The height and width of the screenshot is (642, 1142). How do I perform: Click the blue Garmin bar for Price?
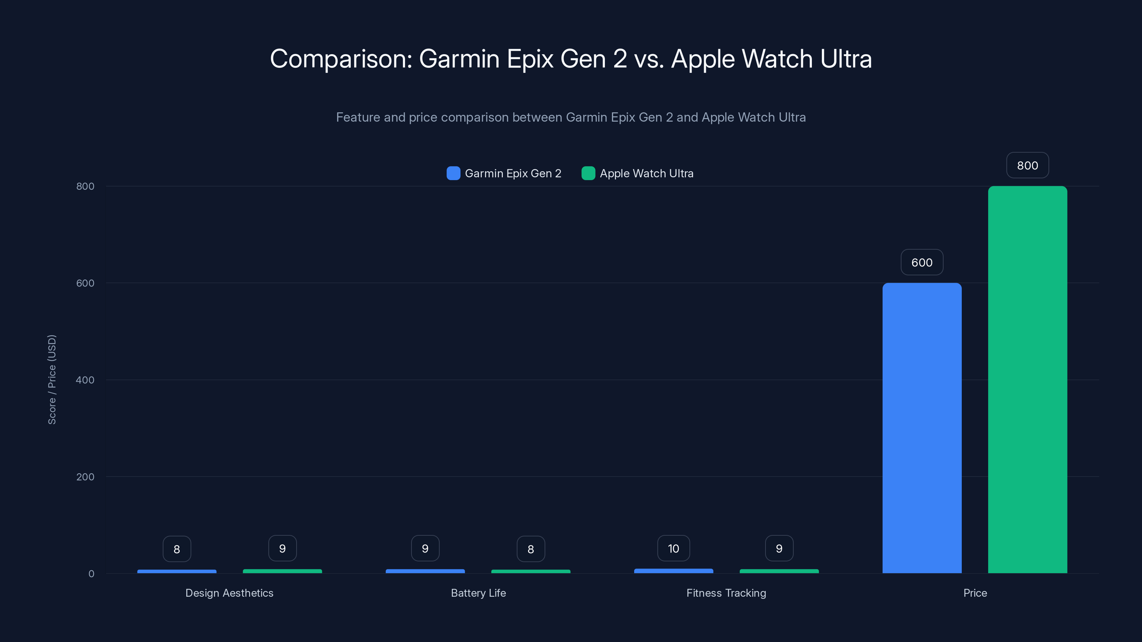point(922,428)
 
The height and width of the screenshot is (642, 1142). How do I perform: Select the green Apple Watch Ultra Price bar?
point(1027,379)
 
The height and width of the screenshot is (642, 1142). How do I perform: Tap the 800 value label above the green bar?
point(1027,165)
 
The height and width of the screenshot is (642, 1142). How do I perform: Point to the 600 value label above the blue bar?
point(922,262)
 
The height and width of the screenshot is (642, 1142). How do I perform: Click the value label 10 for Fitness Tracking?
point(673,549)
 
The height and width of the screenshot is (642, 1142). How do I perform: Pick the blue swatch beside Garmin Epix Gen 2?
point(453,173)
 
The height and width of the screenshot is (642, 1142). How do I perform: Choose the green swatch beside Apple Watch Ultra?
point(588,173)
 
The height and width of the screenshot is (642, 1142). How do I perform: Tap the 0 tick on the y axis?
point(91,574)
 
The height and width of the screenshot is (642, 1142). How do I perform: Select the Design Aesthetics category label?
point(229,593)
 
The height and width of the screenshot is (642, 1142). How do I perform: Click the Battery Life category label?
point(478,593)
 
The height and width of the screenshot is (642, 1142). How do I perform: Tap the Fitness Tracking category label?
point(726,593)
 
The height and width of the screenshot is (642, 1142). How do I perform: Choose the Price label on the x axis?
point(975,593)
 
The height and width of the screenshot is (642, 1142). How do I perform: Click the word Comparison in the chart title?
point(341,59)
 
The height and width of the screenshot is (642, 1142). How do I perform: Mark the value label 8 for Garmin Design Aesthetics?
point(176,549)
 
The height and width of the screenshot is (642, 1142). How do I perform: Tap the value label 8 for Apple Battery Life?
point(530,549)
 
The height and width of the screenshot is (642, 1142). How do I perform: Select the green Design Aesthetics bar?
point(282,571)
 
